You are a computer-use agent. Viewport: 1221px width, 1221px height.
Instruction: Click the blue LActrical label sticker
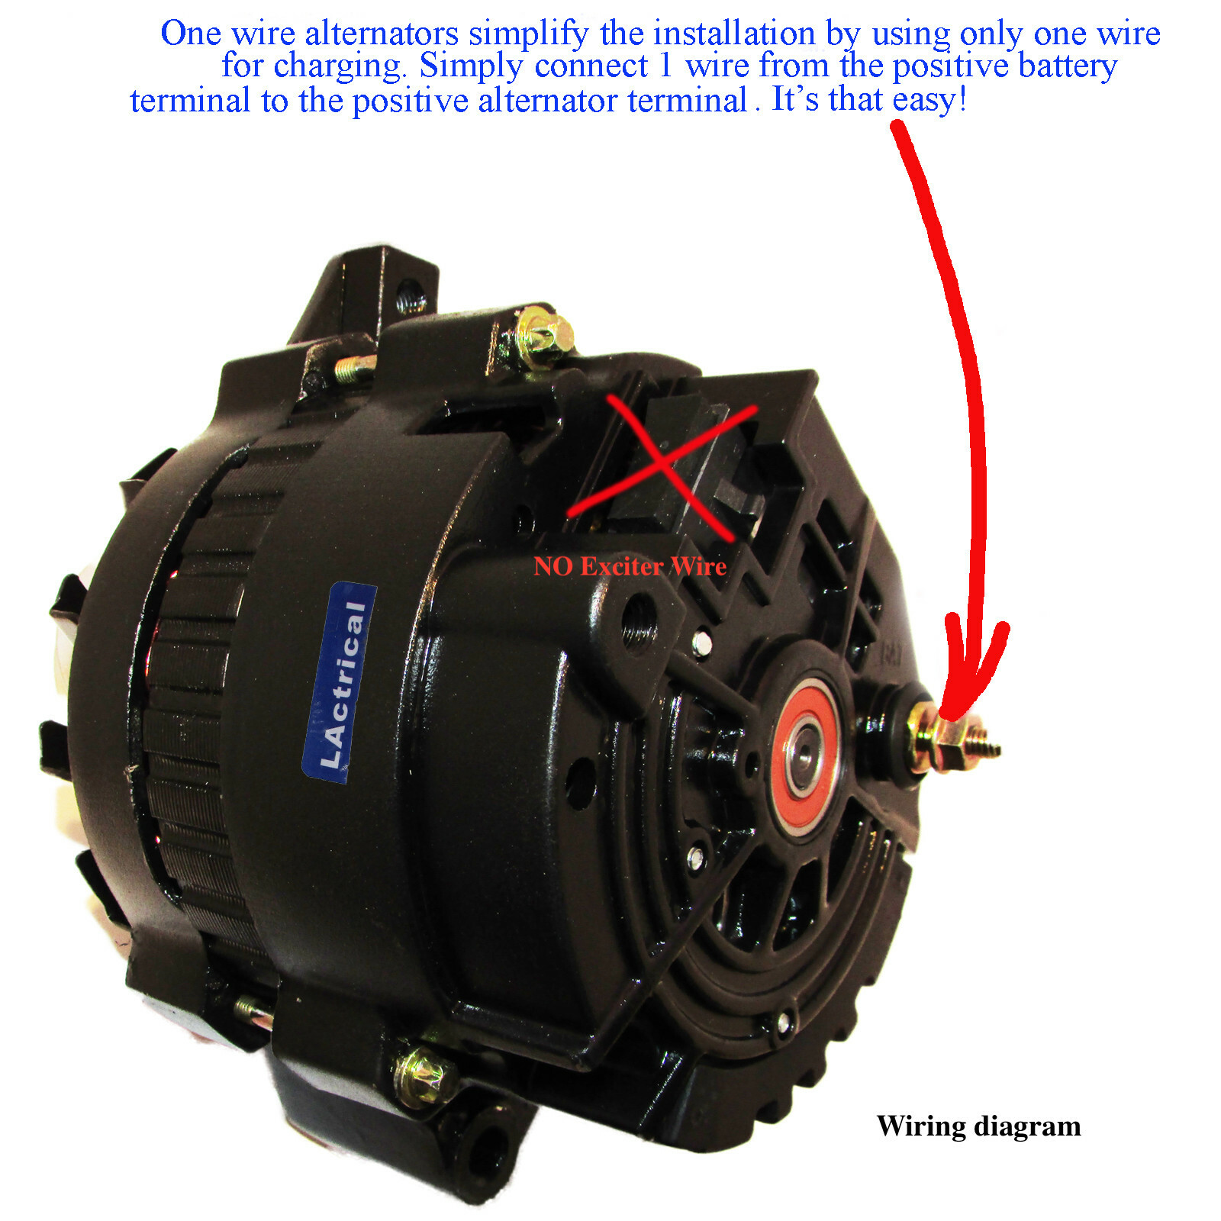340,681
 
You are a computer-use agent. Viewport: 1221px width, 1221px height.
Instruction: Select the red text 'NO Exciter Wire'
630,566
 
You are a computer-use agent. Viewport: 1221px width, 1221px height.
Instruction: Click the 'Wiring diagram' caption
978,1126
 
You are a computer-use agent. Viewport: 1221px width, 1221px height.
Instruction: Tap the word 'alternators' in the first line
382,34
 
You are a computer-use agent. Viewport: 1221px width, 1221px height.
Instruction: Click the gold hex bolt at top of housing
543,333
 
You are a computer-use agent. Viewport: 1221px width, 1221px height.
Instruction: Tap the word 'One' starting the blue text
190,34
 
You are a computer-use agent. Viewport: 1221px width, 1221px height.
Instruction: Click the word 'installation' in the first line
735,34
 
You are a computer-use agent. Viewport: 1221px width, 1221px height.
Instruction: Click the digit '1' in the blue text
666,66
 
